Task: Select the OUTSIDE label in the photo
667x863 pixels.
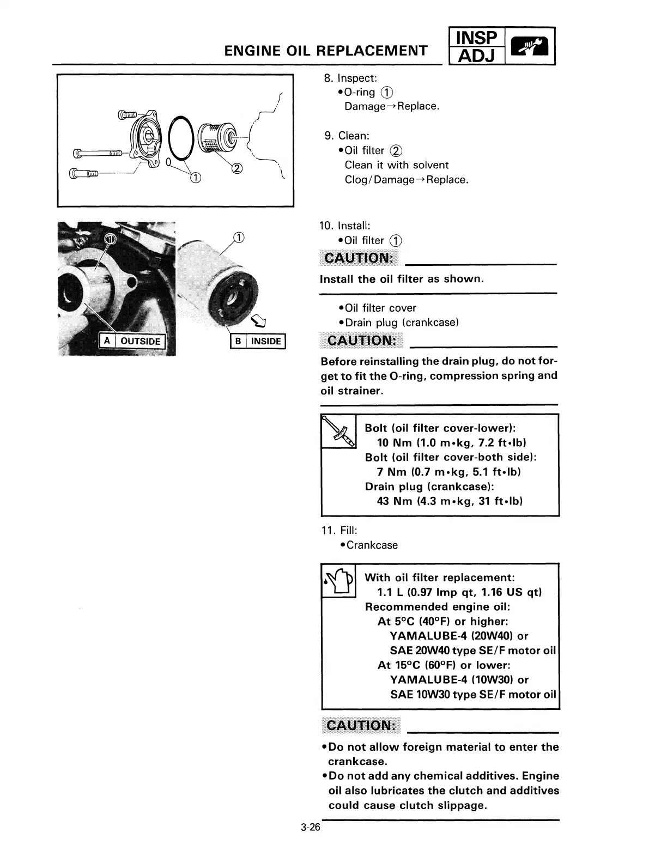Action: coord(140,342)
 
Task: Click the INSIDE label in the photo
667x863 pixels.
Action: coord(266,342)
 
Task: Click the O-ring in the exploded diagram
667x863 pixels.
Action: coord(181,139)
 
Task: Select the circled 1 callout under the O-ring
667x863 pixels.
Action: coord(195,177)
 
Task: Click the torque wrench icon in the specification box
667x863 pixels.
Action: coord(338,432)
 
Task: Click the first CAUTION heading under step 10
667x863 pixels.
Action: coord(359,258)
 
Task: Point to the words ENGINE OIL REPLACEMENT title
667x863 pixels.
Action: coord(325,51)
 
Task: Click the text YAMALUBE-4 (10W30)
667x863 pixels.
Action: coord(452,679)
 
